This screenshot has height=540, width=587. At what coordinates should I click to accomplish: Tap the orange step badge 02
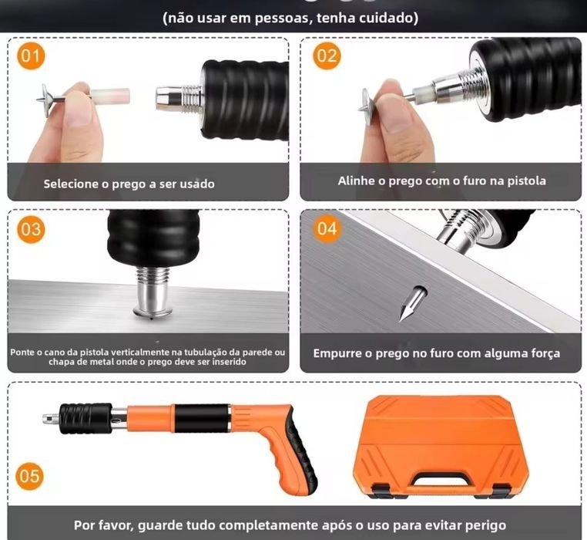327,56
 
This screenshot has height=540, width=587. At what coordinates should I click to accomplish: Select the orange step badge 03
32,229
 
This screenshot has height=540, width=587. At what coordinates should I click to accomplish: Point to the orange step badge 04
327,229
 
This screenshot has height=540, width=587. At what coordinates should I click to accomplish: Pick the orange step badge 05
29,476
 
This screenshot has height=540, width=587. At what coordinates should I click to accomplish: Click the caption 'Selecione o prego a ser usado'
129,184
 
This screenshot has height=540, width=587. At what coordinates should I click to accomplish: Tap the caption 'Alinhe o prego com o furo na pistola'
441,181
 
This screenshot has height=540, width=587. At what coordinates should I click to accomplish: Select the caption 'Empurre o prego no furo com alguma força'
436,353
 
